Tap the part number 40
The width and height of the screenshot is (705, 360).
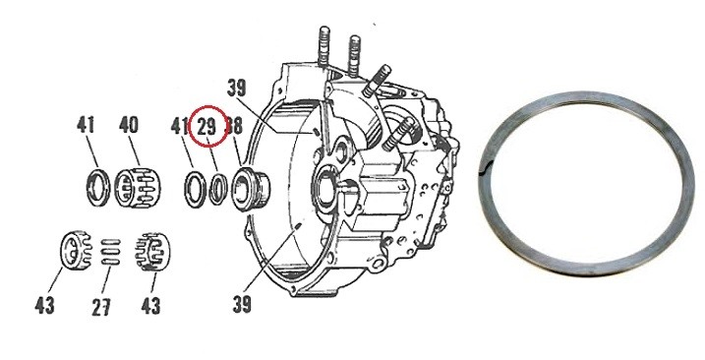[129, 126]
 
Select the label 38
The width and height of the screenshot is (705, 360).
[234, 126]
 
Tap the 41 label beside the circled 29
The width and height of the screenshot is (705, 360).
[179, 126]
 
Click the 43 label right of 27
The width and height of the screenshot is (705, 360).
[150, 304]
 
